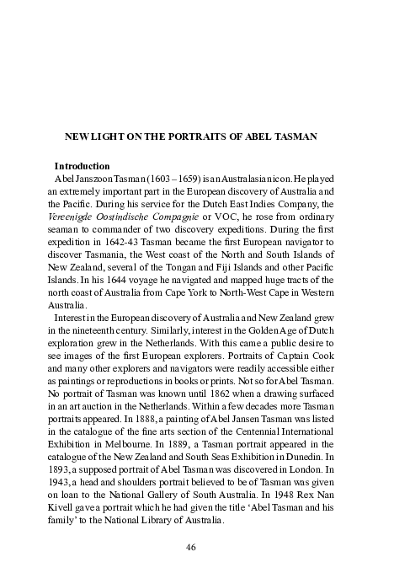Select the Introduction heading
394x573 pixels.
83,166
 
